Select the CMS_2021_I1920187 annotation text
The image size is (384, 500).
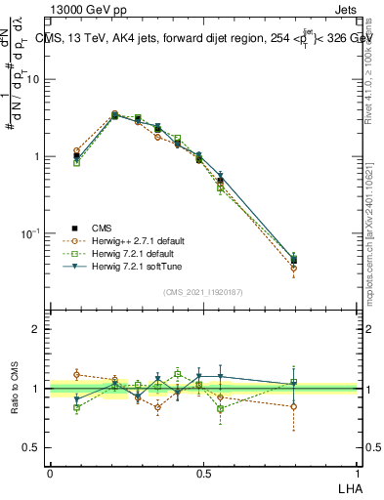(x=204, y=291)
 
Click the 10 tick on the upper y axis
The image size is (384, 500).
(x=35, y=80)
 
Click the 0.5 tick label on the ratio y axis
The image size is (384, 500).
(x=33, y=448)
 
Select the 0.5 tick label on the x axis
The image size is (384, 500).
(x=204, y=473)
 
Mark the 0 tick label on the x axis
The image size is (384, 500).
(x=50, y=473)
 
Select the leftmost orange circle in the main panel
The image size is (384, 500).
(x=77, y=150)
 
